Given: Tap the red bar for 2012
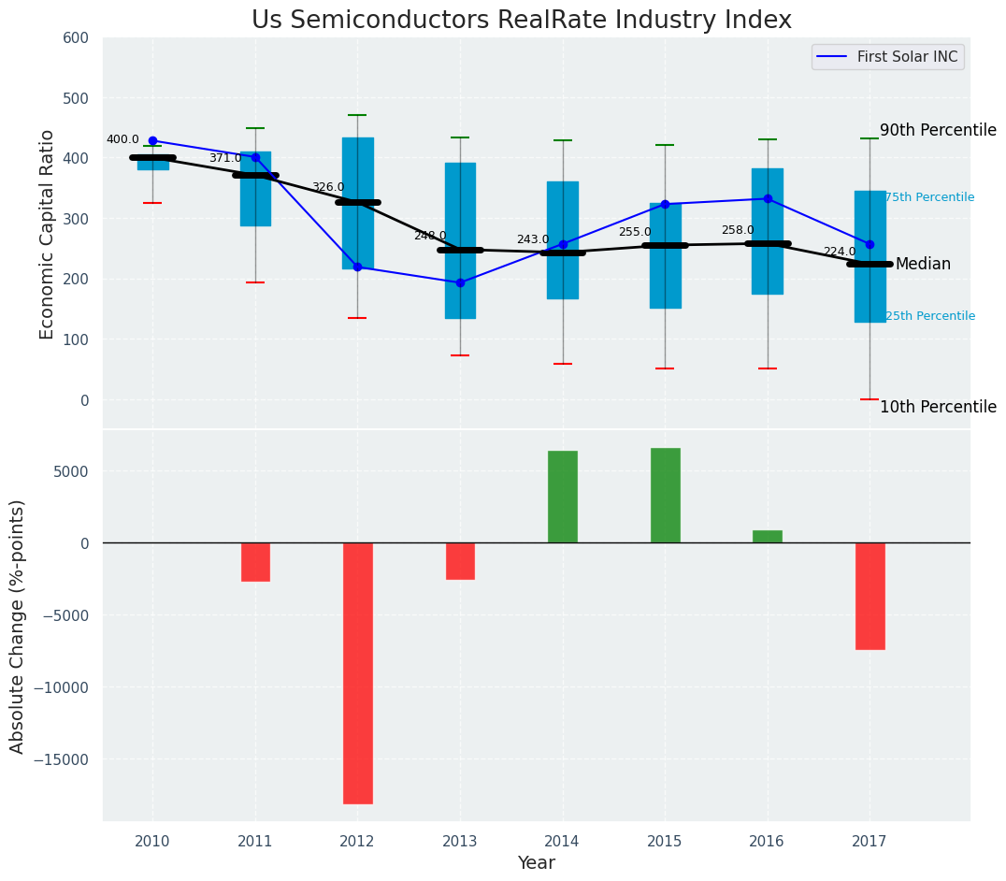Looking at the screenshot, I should [x=357, y=672].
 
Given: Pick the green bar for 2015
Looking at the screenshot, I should [x=665, y=496].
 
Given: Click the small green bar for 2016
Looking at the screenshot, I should [x=768, y=537].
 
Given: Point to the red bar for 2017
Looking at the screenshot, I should [x=869, y=596].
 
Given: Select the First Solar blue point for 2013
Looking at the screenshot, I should [x=460, y=282].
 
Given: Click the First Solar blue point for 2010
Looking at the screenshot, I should [x=152, y=141].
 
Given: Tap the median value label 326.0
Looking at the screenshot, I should [x=327, y=188].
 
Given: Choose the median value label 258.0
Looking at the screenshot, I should [x=737, y=231].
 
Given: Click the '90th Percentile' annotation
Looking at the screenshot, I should [x=938, y=131].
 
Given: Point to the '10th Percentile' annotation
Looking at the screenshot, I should [x=938, y=408].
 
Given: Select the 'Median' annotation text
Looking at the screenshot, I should [x=923, y=265].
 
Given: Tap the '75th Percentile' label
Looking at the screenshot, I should [x=929, y=197].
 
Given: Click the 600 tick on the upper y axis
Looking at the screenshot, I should [x=76, y=38].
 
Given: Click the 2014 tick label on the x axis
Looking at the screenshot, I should [x=562, y=842].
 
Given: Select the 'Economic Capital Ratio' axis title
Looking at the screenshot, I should [x=48, y=234].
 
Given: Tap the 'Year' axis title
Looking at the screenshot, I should [x=536, y=863].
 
